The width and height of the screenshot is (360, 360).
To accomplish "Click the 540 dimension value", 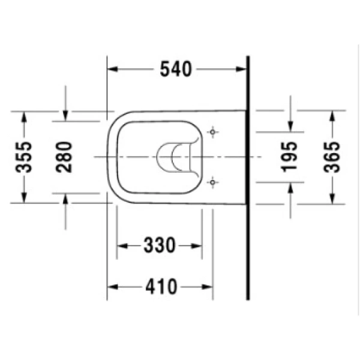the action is (x=176, y=69).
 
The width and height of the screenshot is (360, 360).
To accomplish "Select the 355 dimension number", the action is (x=23, y=157).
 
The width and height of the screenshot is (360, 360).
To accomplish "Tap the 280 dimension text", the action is (x=64, y=157).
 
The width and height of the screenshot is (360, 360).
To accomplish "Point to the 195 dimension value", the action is (x=289, y=157).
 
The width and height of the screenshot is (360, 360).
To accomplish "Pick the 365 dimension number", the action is (x=331, y=157).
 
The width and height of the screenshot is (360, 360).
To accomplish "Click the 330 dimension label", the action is (x=160, y=245).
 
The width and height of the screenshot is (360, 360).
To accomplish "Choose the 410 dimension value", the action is (x=161, y=287).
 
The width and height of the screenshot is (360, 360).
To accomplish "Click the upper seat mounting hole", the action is (x=212, y=132).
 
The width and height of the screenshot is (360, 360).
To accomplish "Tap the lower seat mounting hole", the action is (x=212, y=182).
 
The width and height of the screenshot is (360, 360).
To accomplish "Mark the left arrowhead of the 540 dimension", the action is (x=113, y=69).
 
